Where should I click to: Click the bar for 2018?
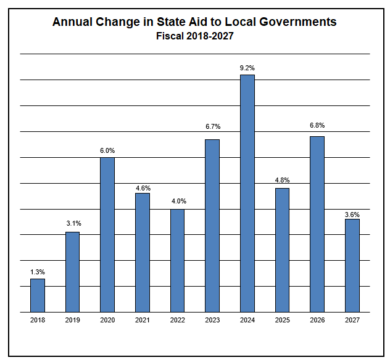38,295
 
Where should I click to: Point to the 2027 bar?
352,265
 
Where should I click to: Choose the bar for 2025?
283,250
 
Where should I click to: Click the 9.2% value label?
247,67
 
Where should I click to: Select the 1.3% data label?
38,271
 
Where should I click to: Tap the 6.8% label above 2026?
317,126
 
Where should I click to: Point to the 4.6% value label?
143,188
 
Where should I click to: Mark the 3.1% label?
73,223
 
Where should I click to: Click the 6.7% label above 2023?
213,127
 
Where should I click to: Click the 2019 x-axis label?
73,321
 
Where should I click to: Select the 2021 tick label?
143,321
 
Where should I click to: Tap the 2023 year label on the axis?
213,321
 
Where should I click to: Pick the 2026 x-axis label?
317,321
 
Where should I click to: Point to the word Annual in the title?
72,22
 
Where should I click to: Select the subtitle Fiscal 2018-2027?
194,36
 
